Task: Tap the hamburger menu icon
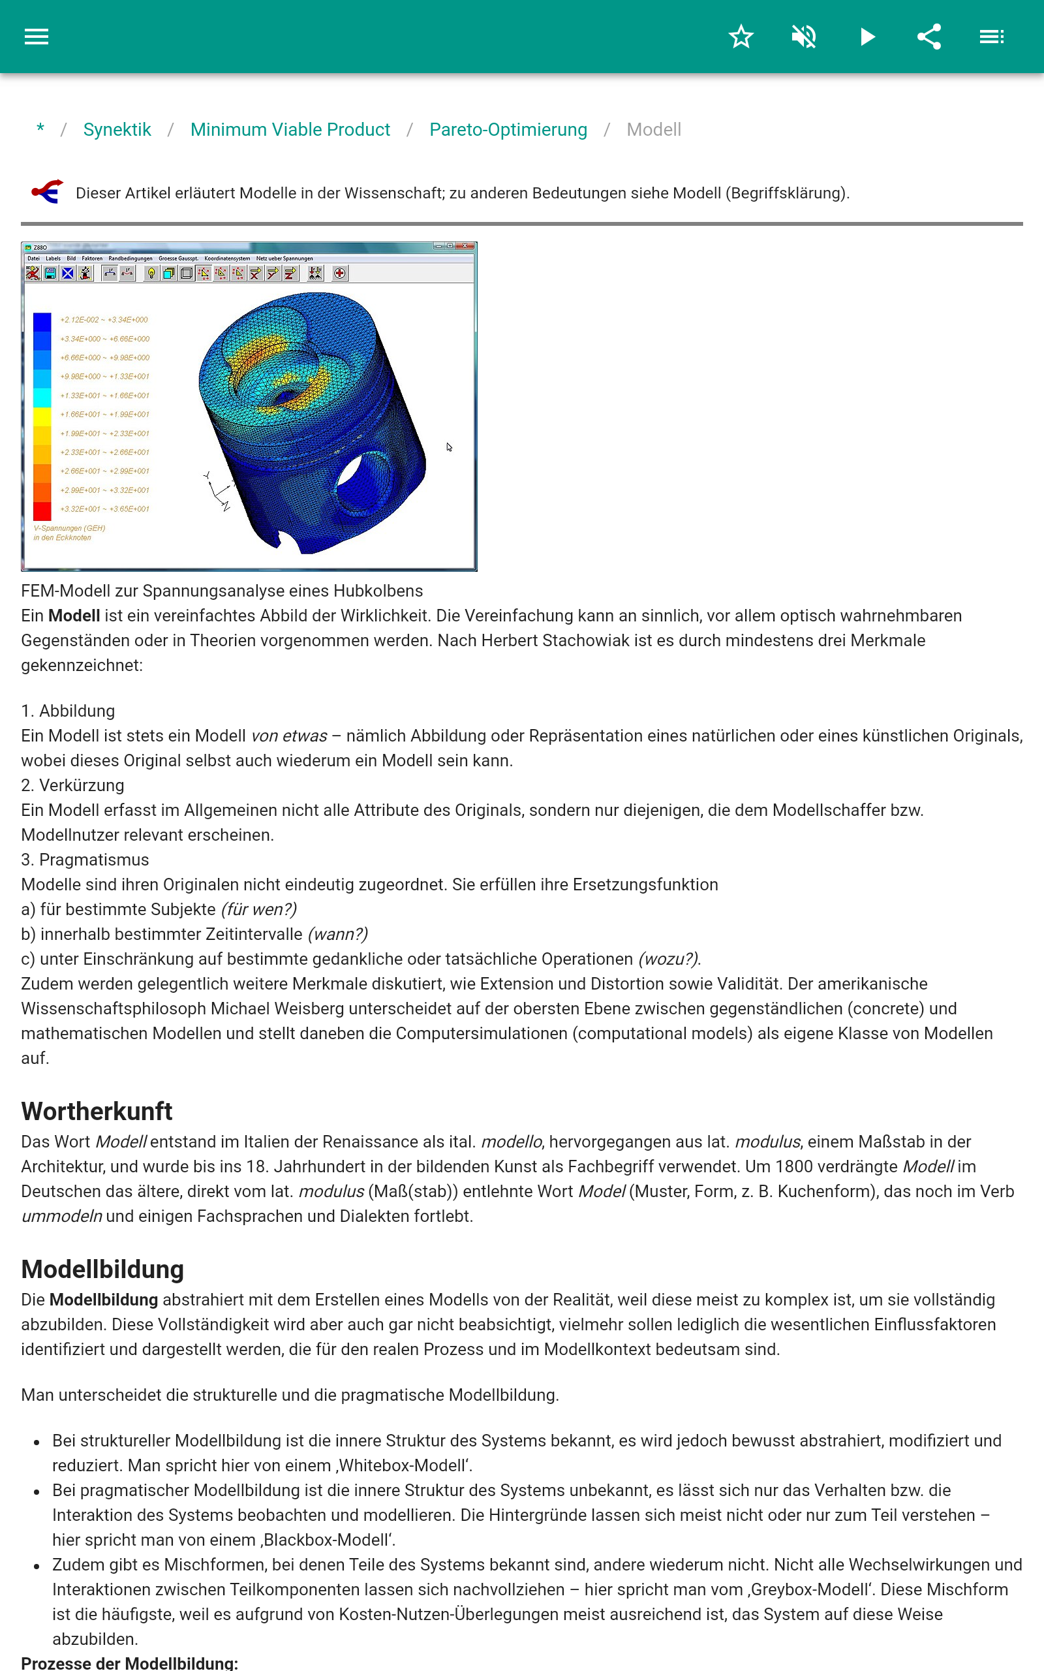pyautogui.click(x=37, y=37)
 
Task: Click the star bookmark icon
pyautogui.click(x=741, y=37)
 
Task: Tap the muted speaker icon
pyautogui.click(x=804, y=37)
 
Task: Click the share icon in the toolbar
pyautogui.click(x=929, y=37)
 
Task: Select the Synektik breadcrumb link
pyautogui.click(x=117, y=130)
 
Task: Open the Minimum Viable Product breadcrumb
pyautogui.click(x=290, y=130)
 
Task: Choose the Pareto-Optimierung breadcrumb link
pyautogui.click(x=508, y=130)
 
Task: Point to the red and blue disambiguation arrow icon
pyautogui.click(x=47, y=192)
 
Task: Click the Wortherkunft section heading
pyautogui.click(x=97, y=1111)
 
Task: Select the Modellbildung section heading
pyautogui.click(x=102, y=1269)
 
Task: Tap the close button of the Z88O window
pyautogui.click(x=466, y=246)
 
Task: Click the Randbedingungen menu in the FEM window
pyautogui.click(x=130, y=259)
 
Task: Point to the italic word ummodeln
pyautogui.click(x=61, y=1216)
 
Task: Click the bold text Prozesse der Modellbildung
pyautogui.click(x=129, y=1663)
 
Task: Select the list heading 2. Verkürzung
pyautogui.click(x=72, y=785)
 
